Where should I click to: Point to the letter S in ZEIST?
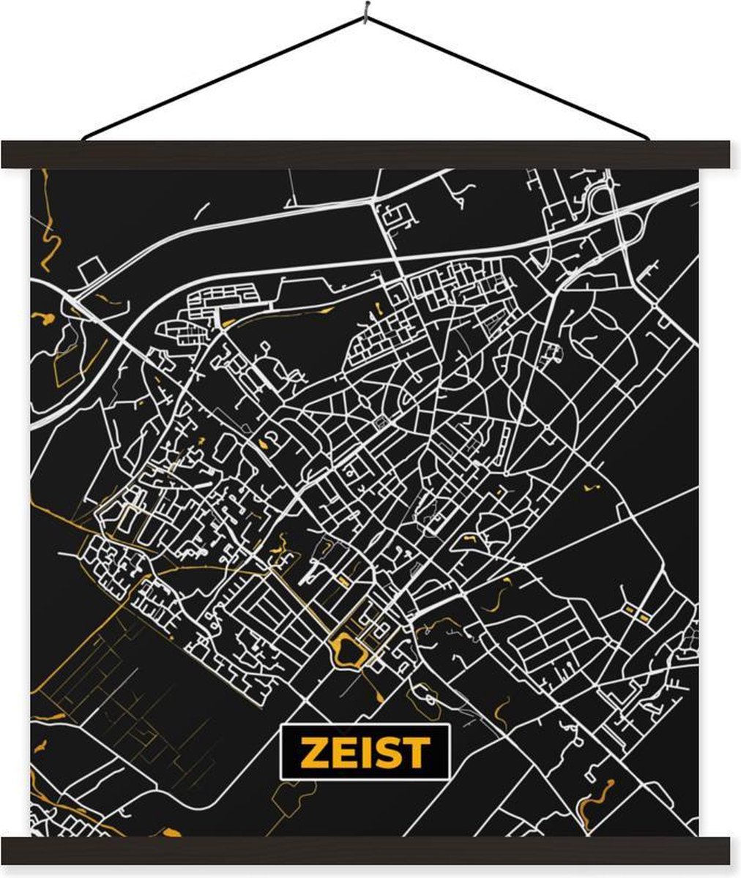click(381, 752)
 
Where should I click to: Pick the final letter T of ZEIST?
click(412, 752)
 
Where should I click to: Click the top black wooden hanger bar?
click(366, 154)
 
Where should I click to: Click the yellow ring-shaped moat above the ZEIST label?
click(344, 650)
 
